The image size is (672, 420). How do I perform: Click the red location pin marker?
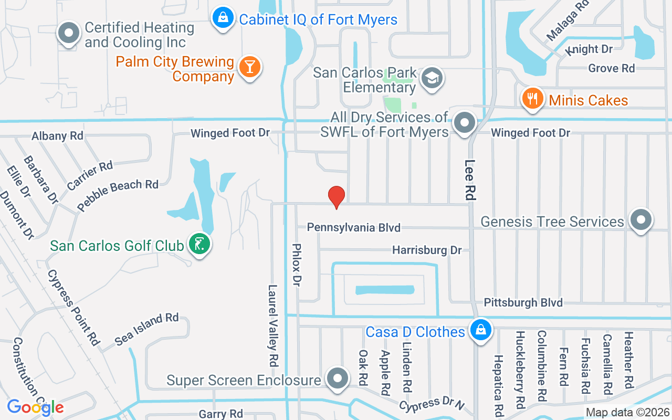pos(336,197)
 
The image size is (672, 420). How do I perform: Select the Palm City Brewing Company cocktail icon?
pos(249,67)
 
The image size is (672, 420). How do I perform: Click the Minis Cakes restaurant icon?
pos(532,98)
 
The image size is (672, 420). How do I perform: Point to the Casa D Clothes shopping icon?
pos(480,330)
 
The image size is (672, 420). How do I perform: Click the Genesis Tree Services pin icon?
pos(640,219)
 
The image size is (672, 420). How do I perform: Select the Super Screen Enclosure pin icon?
pos(337,378)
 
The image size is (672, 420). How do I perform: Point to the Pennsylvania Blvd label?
pos(353,227)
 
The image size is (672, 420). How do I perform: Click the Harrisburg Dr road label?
pos(427,250)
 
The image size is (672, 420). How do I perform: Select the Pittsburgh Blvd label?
pos(523,302)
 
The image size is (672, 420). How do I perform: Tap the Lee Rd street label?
pos(470,180)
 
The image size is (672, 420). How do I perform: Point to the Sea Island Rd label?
pos(146,329)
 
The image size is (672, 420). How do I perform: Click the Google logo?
pos(35,407)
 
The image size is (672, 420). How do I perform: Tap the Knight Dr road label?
pos(589,49)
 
